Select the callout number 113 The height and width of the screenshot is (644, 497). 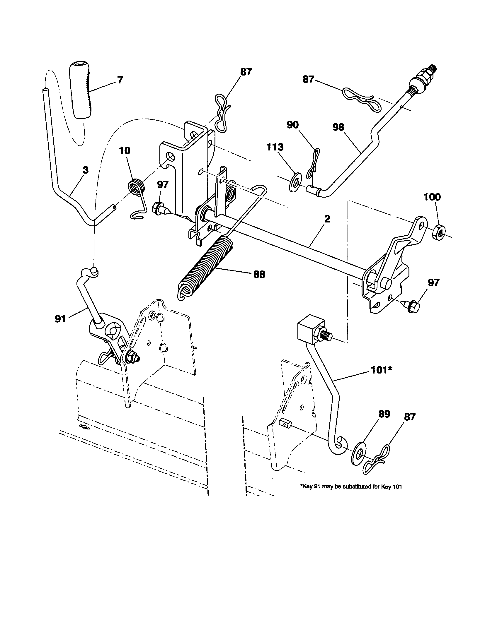[x=275, y=147]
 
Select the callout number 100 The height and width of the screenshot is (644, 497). [x=432, y=197]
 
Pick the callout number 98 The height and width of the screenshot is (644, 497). [x=338, y=127]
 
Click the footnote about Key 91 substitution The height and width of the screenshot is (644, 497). [x=350, y=487]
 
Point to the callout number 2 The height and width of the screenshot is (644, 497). [x=327, y=219]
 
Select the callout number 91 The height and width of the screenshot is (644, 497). [x=60, y=319]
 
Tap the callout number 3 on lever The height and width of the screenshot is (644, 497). [x=86, y=170]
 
